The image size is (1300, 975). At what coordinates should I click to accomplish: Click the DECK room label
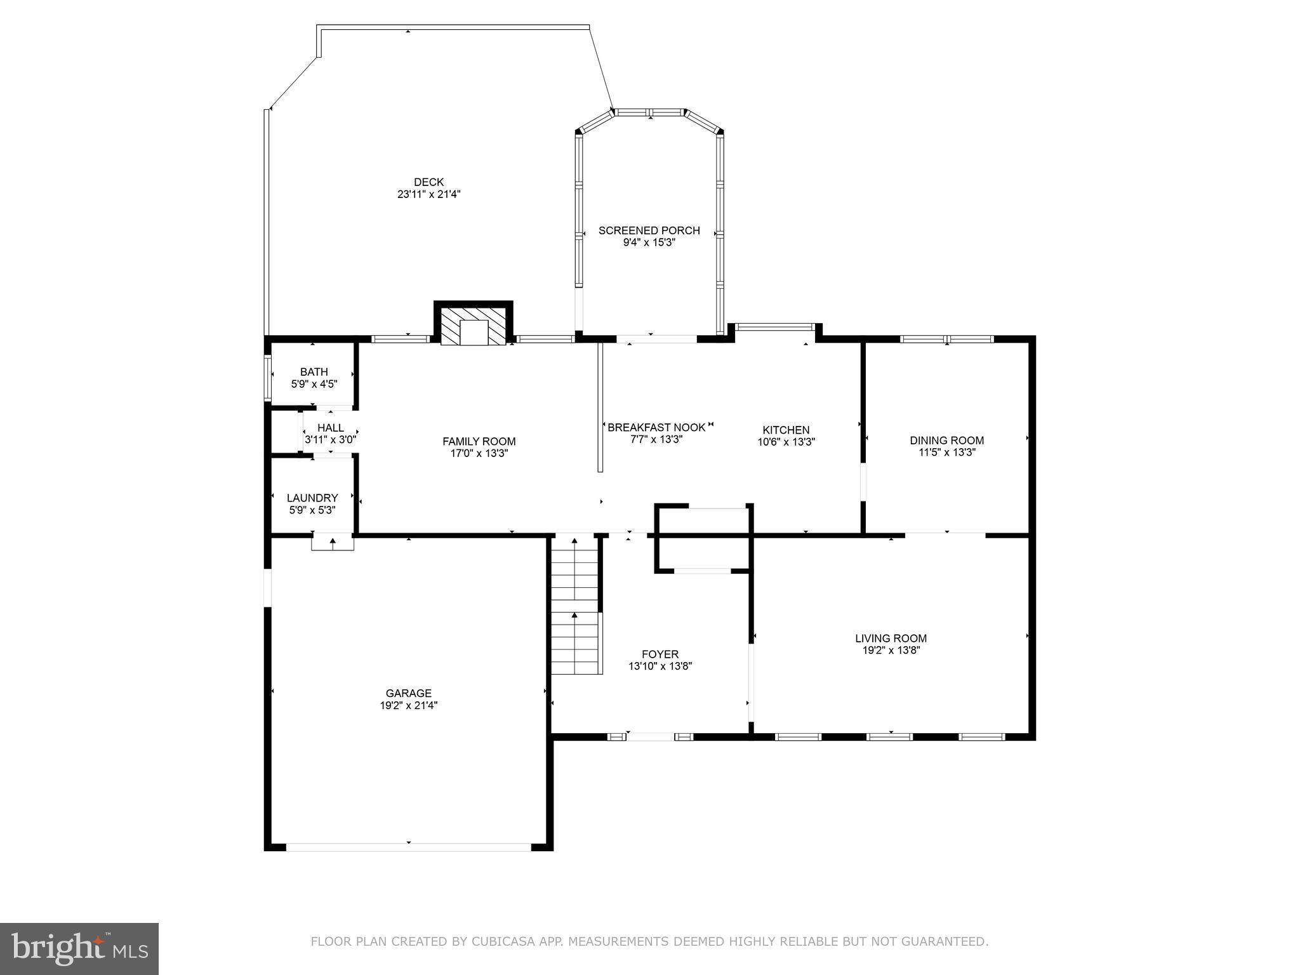point(428,182)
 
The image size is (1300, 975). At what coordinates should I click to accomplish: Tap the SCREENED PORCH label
point(649,230)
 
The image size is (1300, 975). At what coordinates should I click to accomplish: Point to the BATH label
point(314,372)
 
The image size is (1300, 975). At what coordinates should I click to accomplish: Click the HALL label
point(330,428)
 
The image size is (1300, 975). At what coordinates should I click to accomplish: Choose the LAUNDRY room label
point(312,498)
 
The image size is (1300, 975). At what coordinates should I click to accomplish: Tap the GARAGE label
point(408,693)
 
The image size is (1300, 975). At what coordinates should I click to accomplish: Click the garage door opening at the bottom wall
point(408,847)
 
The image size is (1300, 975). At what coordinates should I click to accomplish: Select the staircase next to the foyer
point(575,606)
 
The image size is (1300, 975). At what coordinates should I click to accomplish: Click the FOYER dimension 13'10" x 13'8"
point(660,667)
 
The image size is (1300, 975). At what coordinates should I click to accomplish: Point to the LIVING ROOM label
point(890,639)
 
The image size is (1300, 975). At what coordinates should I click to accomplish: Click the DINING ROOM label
point(946,441)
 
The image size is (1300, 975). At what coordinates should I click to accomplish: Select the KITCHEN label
point(786,430)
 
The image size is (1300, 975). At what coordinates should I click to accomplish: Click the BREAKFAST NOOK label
point(656,427)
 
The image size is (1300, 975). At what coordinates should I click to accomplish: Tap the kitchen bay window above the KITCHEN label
point(774,327)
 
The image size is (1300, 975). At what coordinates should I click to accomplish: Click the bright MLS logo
point(79,948)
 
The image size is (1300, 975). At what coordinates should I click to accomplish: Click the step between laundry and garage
point(333,543)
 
